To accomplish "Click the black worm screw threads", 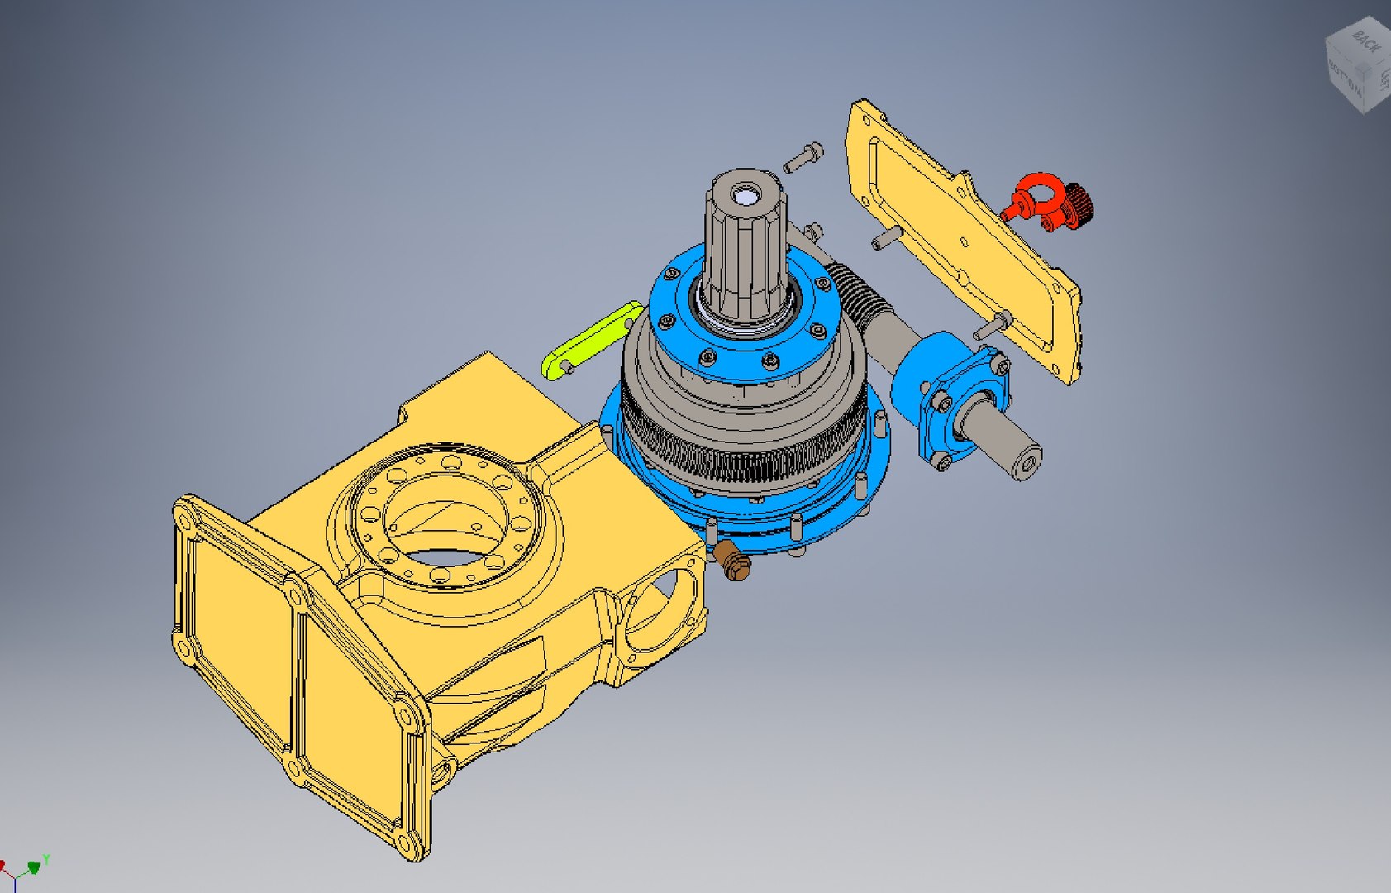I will coord(859,294).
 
